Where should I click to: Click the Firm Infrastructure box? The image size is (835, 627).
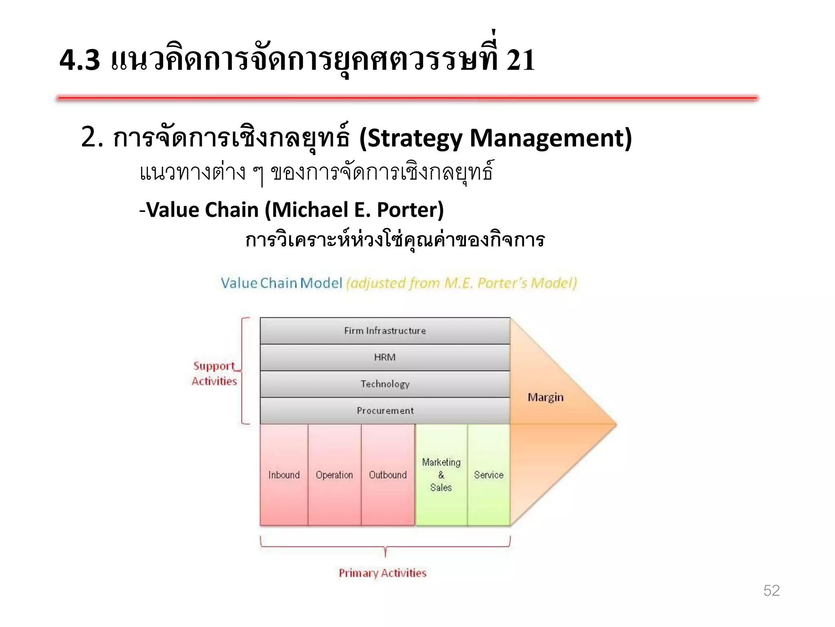pos(385,331)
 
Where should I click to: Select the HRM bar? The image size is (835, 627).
pos(385,358)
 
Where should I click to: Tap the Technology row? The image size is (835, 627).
pos(385,384)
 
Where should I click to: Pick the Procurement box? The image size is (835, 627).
pos(385,411)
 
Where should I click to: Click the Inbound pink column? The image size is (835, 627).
pos(284,475)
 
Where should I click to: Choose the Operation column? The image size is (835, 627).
pos(334,475)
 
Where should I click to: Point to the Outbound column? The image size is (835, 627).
pos(388,475)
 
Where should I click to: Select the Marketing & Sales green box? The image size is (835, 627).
pos(441,475)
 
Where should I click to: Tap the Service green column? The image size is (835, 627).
pos(488,475)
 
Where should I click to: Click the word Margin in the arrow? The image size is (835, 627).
pos(546,397)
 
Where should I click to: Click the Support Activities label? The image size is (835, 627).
pos(214,374)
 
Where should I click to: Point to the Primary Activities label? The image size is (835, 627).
pos(382,573)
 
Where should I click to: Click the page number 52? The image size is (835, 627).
pos(771,591)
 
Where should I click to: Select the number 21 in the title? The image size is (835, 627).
pos(521,60)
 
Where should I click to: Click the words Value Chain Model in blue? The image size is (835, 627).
pos(281,283)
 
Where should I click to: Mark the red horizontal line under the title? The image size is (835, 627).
pos(408,98)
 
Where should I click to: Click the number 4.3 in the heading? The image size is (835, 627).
pos(80,60)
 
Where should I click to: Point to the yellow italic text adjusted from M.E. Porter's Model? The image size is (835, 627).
pos(462,283)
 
